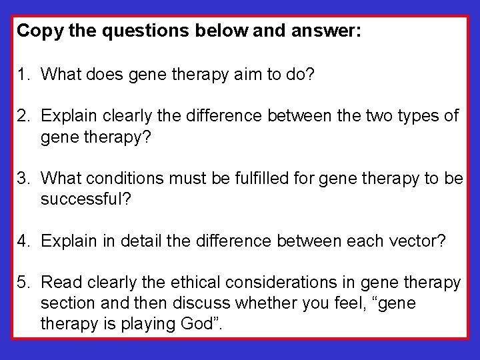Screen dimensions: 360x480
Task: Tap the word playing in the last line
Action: point(137,325)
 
